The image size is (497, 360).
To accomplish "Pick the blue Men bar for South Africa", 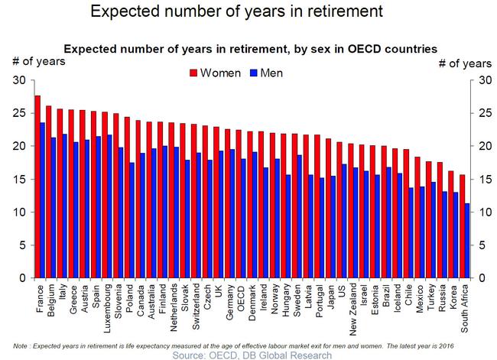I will pyautogui.click(x=467, y=241).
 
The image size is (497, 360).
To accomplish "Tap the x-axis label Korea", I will pyautogui.click(x=453, y=299).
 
